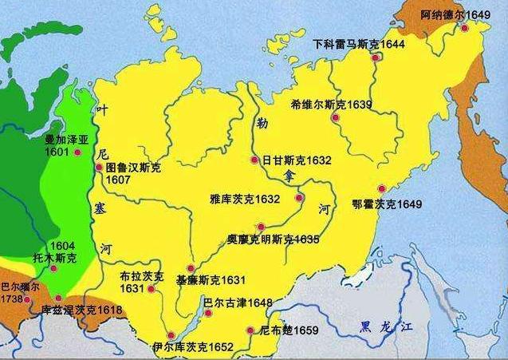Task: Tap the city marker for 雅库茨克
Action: (299, 198)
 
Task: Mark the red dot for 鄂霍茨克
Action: (381, 180)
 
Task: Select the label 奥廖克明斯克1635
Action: (273, 239)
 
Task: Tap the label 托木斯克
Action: (54, 259)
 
